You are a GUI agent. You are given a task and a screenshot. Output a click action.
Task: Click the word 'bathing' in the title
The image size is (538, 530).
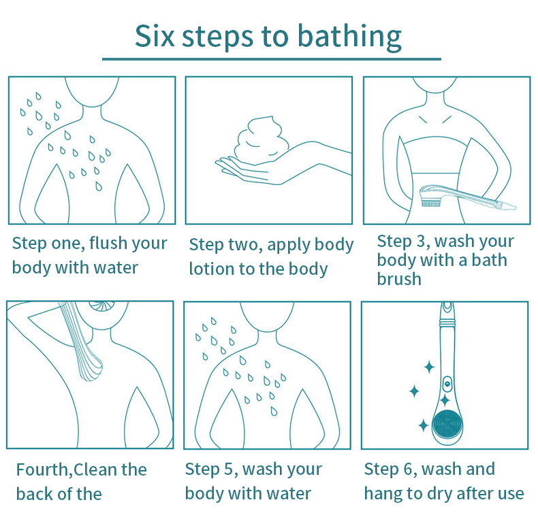(349, 37)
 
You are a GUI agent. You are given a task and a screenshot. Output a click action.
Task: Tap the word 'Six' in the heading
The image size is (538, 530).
(155, 35)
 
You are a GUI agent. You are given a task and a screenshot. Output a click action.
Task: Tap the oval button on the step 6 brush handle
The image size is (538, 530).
(447, 384)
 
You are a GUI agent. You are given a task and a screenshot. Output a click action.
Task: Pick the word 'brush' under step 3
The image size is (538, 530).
(399, 279)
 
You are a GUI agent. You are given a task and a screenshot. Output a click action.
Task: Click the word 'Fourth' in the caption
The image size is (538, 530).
(43, 469)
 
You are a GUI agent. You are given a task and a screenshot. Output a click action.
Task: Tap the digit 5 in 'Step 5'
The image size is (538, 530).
(229, 469)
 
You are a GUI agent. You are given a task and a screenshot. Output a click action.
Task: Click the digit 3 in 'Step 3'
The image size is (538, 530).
(421, 241)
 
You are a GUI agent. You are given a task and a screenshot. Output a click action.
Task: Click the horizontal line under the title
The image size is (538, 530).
(272, 59)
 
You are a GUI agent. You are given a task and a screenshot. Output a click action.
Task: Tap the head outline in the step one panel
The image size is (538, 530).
(92, 93)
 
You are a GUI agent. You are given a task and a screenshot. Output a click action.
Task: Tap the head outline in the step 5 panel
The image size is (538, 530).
(267, 317)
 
